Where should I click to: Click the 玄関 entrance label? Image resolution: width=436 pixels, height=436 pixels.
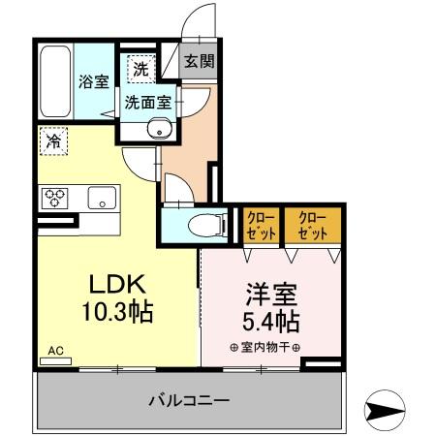[x=201, y=61]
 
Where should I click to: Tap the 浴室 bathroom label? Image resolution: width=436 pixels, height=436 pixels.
[x=93, y=82]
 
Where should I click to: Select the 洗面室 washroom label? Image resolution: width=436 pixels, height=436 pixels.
[x=146, y=99]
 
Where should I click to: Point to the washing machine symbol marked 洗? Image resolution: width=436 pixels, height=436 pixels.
[x=141, y=69]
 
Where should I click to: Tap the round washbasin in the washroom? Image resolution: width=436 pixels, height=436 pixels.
[x=157, y=129]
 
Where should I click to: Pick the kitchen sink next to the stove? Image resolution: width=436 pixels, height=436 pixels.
[x=100, y=199]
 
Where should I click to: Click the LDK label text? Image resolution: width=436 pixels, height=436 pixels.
[x=117, y=285]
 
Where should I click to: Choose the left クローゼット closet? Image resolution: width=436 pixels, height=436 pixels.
[x=259, y=225]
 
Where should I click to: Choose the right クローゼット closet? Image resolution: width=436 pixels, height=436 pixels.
[x=311, y=225]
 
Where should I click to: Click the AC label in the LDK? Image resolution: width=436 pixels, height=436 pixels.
[x=55, y=352]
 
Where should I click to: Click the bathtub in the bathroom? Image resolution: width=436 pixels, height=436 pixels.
[x=57, y=81]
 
